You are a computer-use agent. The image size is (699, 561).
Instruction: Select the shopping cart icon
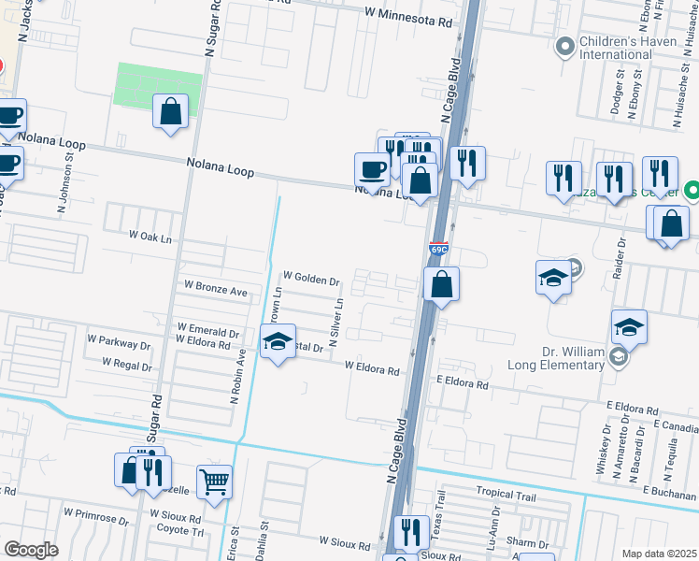click(215, 482)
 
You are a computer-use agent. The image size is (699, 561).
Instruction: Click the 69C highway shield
click(439, 250)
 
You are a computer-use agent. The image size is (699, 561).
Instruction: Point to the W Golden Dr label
click(311, 278)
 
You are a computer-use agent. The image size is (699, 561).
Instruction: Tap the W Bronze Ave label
click(216, 287)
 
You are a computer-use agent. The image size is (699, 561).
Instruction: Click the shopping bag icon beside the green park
click(172, 112)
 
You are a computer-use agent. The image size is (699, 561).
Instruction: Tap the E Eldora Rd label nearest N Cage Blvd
click(463, 383)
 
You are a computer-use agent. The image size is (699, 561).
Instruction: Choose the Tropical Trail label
click(507, 493)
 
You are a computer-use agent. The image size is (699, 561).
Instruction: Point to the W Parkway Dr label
click(119, 338)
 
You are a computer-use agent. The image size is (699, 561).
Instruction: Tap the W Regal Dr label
click(127, 362)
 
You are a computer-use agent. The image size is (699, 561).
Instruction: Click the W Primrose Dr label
click(96, 513)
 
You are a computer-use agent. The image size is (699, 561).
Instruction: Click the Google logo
click(32, 549)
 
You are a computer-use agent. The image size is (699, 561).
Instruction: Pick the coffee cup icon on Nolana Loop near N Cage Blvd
click(372, 170)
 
